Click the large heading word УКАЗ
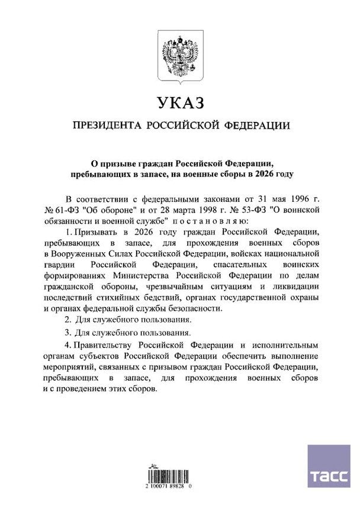tap(180, 103)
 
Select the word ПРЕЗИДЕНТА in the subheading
tap(104, 126)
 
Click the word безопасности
tap(192, 308)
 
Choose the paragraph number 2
tap(67, 320)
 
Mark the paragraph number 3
tap(67, 333)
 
